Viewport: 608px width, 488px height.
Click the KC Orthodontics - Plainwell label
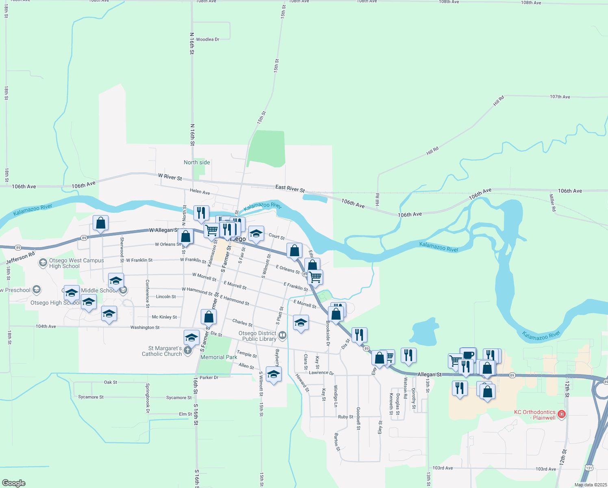click(534, 415)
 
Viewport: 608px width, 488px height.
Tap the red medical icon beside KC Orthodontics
click(562, 414)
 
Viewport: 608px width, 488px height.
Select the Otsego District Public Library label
click(257, 336)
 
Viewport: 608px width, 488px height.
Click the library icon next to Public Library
click(283, 335)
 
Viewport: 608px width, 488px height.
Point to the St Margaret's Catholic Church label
click(162, 351)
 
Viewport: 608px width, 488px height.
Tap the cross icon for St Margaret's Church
click(187, 350)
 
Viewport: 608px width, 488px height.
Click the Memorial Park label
click(219, 357)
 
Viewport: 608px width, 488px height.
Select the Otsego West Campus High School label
click(76, 263)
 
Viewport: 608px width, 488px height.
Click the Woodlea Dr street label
click(207, 39)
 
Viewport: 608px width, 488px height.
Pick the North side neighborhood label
click(197, 162)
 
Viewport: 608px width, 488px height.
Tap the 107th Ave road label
click(560, 97)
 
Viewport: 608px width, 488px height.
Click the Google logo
click(13, 483)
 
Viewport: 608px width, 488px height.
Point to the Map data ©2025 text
click(590, 485)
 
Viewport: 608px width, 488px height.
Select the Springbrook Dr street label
click(148, 398)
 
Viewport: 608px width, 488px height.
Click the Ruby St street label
click(345, 417)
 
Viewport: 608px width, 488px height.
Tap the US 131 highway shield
click(589, 468)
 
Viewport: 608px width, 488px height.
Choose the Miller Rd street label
click(552, 203)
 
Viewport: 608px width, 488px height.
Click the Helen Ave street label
click(200, 192)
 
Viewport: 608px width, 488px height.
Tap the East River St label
click(290, 188)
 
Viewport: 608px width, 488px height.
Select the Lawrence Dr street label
click(321, 373)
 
